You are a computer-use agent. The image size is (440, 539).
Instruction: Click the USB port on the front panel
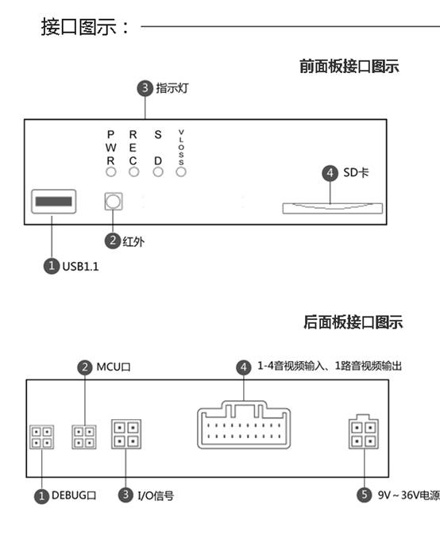coord(54,202)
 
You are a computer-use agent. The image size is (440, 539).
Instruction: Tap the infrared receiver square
coord(114,202)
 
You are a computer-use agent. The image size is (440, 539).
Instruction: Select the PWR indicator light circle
coord(110,172)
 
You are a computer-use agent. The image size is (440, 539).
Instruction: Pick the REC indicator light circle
coord(133,172)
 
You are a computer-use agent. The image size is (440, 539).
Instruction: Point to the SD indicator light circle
coord(158,172)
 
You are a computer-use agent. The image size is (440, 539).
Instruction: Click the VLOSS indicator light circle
coord(181,172)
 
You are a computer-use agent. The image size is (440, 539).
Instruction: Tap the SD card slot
coord(332,208)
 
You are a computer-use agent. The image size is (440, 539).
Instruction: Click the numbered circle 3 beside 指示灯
coord(145,88)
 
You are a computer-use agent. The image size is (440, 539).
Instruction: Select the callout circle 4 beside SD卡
coord(330,173)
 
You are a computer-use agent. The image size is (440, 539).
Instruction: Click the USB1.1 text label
coord(80,267)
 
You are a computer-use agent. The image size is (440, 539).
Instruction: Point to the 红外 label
coord(133,241)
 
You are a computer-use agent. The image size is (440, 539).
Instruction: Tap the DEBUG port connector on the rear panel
coord(42,437)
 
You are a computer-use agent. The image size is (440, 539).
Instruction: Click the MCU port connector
coord(84,437)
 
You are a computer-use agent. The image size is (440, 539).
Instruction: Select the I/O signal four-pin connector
coord(126,434)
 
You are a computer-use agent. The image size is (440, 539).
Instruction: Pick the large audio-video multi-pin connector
coord(244,425)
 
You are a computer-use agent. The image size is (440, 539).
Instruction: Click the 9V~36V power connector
coord(364,432)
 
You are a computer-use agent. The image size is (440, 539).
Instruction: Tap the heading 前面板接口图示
coord(349,66)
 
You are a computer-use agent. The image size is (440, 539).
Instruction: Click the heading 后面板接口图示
coord(353,322)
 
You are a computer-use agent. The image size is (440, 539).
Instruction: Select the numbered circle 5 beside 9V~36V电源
coord(365,495)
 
